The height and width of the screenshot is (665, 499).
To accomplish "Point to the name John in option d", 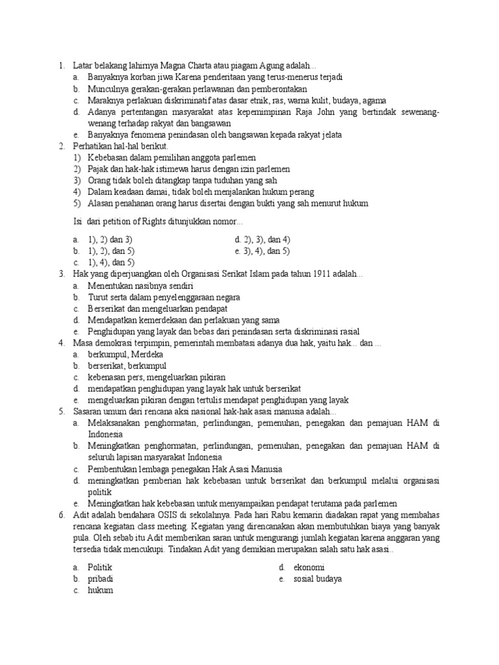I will (x=328, y=112).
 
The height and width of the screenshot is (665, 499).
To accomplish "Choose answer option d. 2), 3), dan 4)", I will (x=262, y=240).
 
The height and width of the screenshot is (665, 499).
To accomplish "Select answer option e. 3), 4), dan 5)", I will (x=262, y=251).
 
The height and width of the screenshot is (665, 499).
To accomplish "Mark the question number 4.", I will (x=61, y=343).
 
